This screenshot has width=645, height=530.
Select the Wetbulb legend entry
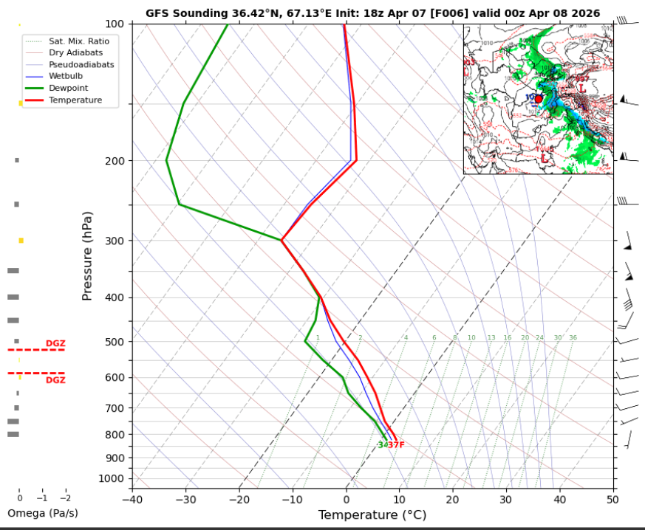[x=66, y=76]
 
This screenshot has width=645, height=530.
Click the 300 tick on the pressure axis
[x=118, y=241]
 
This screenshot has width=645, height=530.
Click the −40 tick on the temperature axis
[x=132, y=499]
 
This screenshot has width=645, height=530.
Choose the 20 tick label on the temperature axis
[x=453, y=499]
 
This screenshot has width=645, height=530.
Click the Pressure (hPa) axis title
[x=87, y=255]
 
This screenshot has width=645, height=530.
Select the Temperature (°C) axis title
[x=372, y=515]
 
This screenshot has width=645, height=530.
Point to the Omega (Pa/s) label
[x=42, y=513]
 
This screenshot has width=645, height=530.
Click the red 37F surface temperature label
[x=397, y=445]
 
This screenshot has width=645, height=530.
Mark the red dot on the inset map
[x=539, y=98]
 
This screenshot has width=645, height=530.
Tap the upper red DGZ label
[x=55, y=343]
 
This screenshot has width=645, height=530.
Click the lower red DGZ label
[x=55, y=380]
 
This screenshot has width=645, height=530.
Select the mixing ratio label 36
[x=573, y=338]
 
